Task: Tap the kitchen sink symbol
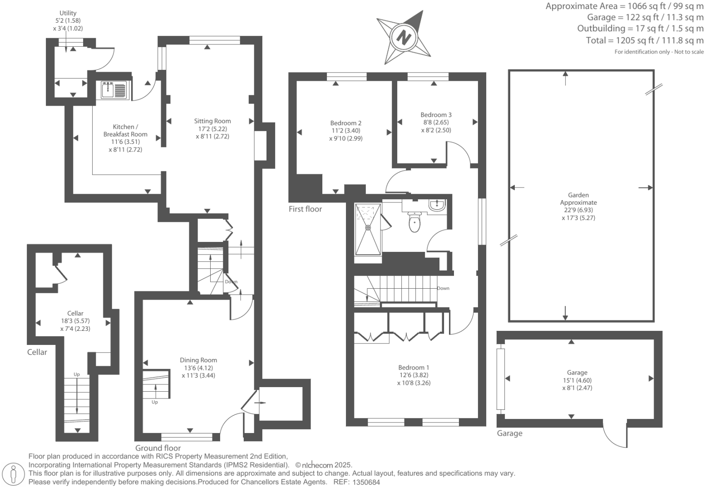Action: coord(114,89)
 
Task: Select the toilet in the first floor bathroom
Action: coord(414,222)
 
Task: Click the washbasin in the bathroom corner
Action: coord(437,205)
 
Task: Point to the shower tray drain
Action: coord(368,227)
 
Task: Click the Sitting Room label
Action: coord(212,121)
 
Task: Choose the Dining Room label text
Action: coord(198,360)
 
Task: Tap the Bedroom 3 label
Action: coord(436,115)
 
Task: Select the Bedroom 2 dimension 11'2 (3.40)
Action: coord(345,131)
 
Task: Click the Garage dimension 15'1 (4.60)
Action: coord(577,380)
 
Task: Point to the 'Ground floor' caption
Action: coord(158,448)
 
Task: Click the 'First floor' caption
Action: coord(305,209)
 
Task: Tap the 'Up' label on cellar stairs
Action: coord(77,374)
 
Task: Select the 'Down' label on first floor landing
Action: coord(443,288)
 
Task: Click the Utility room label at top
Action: coord(68,13)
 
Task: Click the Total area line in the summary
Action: coord(645,40)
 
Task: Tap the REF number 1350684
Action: coord(366,482)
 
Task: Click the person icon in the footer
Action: coord(13,474)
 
